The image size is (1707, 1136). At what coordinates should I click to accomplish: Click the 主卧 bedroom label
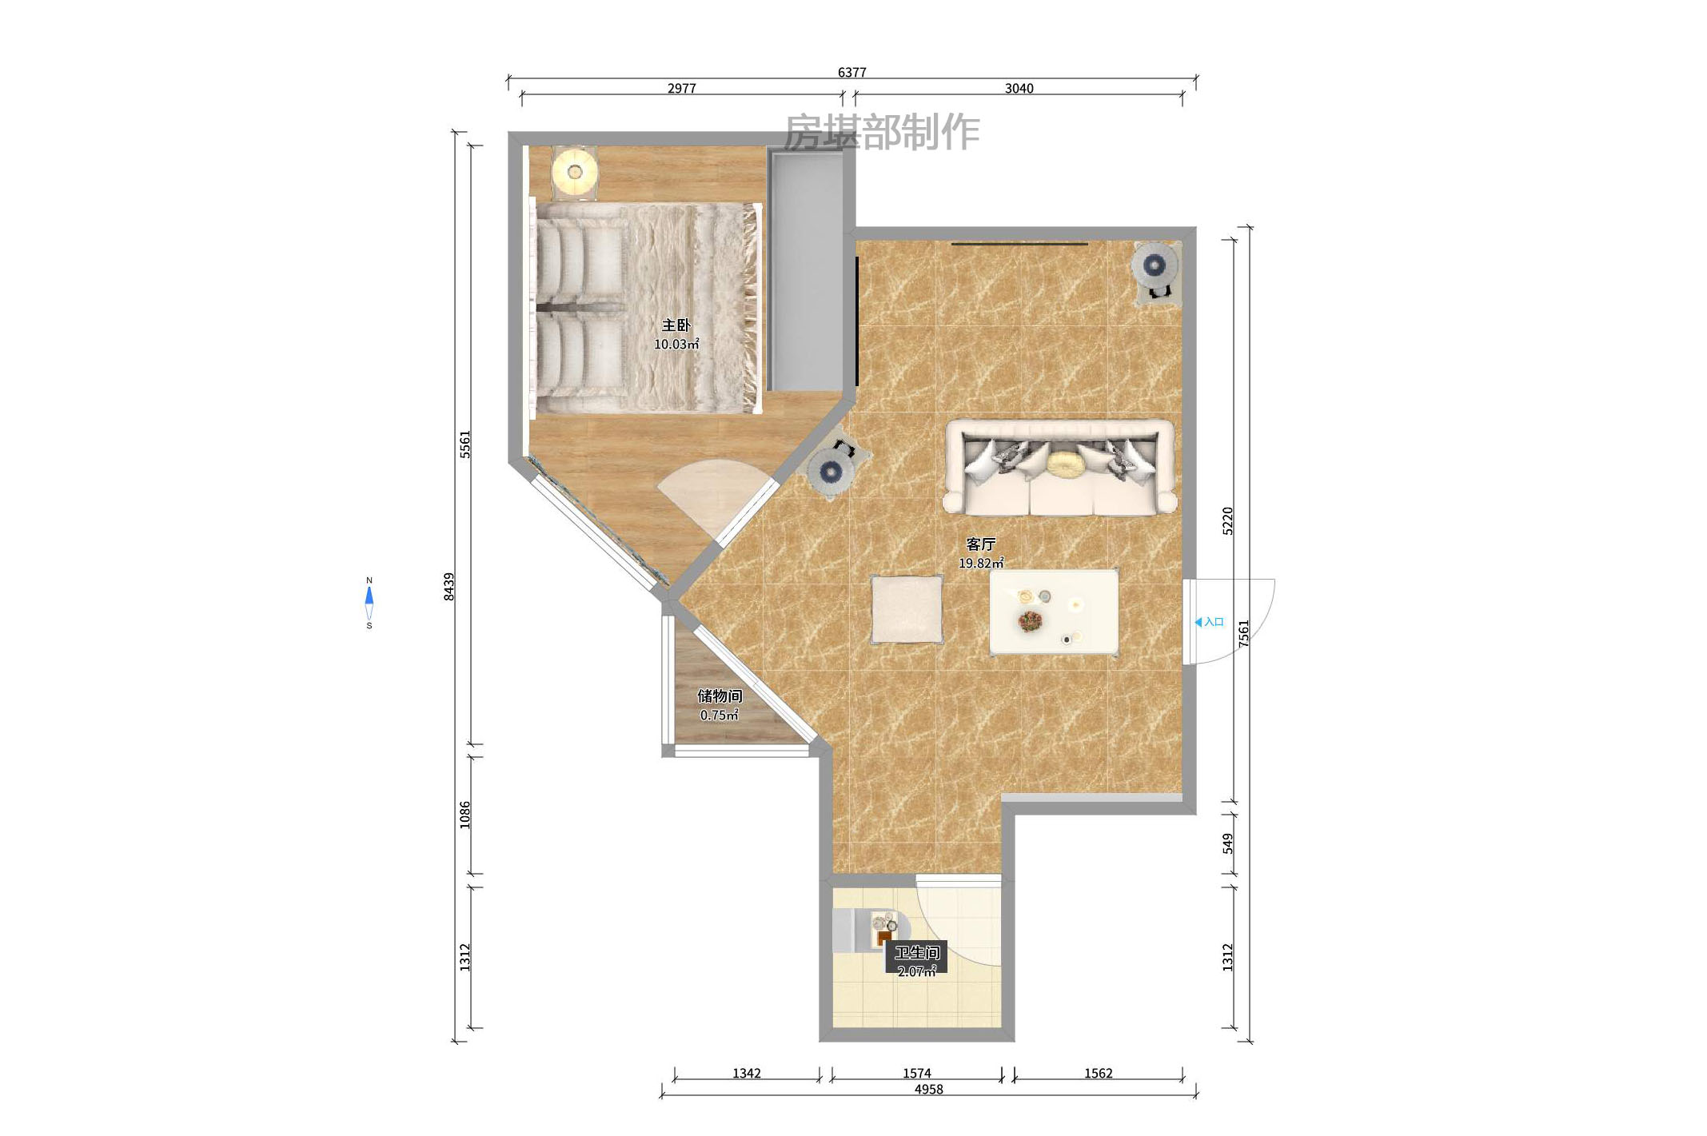(676, 325)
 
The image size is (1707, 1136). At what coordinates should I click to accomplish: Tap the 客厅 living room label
(980, 544)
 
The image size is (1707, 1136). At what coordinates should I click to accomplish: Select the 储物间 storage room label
(720, 696)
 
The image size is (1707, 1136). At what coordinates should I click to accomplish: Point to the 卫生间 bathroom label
(916, 953)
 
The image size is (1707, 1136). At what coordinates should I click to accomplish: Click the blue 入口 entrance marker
(1209, 622)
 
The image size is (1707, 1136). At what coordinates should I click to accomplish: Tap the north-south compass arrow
(369, 604)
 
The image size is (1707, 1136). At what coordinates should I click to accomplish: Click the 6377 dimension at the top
(852, 72)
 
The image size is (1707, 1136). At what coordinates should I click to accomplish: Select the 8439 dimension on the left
(449, 587)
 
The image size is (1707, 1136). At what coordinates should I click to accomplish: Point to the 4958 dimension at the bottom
(928, 1090)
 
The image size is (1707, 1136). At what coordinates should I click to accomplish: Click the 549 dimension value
(1227, 843)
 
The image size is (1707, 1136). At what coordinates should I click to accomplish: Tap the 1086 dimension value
(465, 815)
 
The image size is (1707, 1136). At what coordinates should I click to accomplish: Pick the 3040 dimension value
(1019, 89)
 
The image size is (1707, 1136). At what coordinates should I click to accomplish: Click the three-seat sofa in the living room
(1059, 468)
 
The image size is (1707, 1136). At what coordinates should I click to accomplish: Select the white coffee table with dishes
(1054, 612)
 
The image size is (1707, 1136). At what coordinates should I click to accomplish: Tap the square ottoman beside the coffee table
(907, 609)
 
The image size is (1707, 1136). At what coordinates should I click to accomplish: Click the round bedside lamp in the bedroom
(574, 172)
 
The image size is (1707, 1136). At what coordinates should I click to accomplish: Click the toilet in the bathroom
(866, 931)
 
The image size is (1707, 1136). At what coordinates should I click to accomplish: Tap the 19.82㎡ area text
(981, 564)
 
